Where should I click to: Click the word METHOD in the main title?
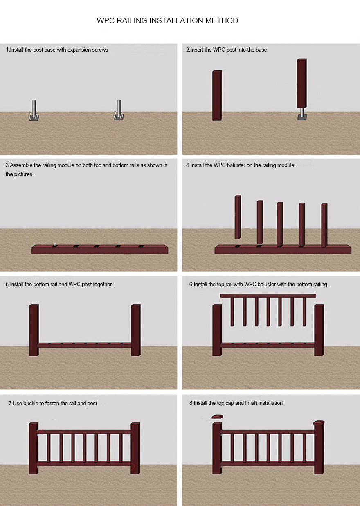222,20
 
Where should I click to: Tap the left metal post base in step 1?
34,111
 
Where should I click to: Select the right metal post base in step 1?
119,110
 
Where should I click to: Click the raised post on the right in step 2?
302,84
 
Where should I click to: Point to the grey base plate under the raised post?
302,117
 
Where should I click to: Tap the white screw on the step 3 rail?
55,244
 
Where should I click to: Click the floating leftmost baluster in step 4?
238,217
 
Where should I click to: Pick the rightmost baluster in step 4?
324,225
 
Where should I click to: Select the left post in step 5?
34,330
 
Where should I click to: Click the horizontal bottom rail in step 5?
85,345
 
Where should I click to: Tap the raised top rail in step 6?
268,296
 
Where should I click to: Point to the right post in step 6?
319,330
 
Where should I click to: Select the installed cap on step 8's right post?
319,422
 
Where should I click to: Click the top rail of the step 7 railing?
84,431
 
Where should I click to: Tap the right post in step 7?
135,448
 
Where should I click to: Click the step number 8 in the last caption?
191,403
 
